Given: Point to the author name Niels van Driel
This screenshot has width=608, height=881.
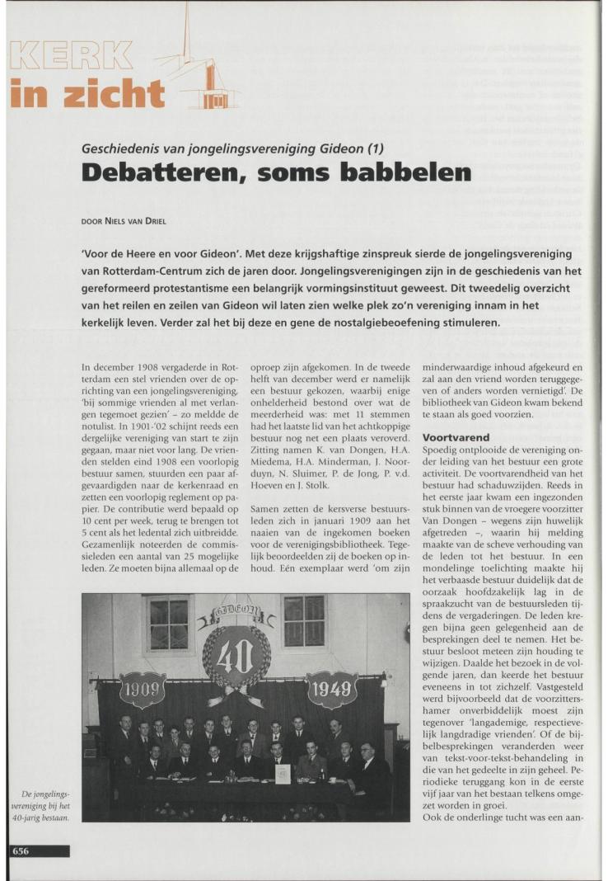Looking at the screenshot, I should (x=157, y=222).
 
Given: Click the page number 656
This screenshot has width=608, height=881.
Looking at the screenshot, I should (x=20, y=850).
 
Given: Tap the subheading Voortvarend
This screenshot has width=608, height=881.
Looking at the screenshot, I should (x=456, y=436).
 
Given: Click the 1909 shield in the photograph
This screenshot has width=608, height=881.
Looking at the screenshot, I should (x=143, y=690).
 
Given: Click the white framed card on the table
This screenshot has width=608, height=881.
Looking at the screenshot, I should (x=283, y=773).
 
